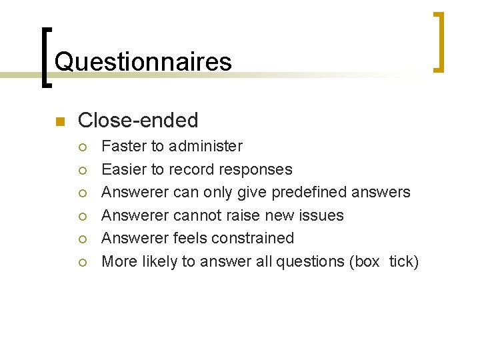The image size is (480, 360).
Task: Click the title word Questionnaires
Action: (x=143, y=62)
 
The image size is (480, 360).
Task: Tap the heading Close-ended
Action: (x=138, y=120)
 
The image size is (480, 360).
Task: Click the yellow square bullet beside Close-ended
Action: (x=59, y=121)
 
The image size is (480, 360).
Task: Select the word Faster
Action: (x=125, y=146)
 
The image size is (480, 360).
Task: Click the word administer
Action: (x=206, y=146)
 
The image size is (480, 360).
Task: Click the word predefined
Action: (x=305, y=192)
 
